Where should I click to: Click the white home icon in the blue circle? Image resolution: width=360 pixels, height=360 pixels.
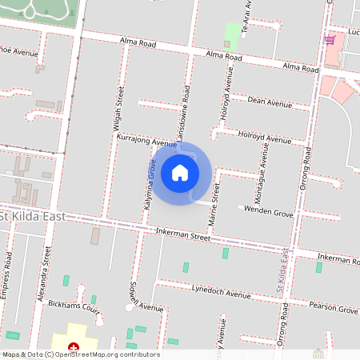click(x=179, y=172)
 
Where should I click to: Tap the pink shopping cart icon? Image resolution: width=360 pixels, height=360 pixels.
click(x=329, y=39)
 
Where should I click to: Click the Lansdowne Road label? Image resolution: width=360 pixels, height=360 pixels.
click(x=184, y=114)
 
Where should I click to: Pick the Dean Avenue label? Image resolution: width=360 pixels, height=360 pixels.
click(x=270, y=102)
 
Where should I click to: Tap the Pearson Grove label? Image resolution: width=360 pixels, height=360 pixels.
click(x=335, y=308)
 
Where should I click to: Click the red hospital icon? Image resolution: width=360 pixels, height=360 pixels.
click(x=74, y=346)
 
